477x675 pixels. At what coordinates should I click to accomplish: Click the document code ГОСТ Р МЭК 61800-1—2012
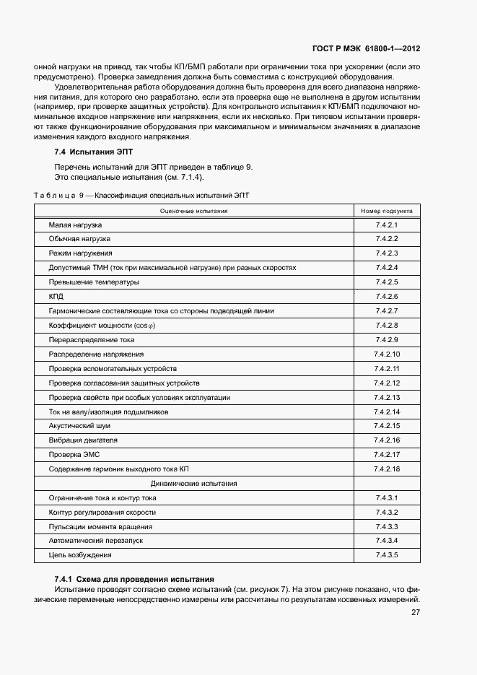coord(366,49)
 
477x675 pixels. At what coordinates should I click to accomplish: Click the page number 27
coord(416,612)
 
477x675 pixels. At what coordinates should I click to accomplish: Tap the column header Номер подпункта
coord(387,212)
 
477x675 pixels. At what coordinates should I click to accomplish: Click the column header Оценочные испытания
coord(193,212)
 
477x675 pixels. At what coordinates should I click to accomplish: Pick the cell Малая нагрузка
coord(75,225)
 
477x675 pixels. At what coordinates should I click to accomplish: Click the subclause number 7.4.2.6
coord(387,297)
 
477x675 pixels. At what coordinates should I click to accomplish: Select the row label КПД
coord(56,297)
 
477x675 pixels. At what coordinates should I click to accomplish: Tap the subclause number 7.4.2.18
coord(387,469)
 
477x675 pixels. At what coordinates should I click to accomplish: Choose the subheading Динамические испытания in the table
coord(193,484)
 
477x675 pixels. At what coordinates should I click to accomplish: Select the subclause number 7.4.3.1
coord(387,498)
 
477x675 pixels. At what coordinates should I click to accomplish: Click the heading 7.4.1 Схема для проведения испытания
coord(134,579)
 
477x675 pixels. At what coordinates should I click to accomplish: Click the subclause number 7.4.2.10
coord(387,354)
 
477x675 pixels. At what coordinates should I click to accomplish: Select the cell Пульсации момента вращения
coord(100,526)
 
